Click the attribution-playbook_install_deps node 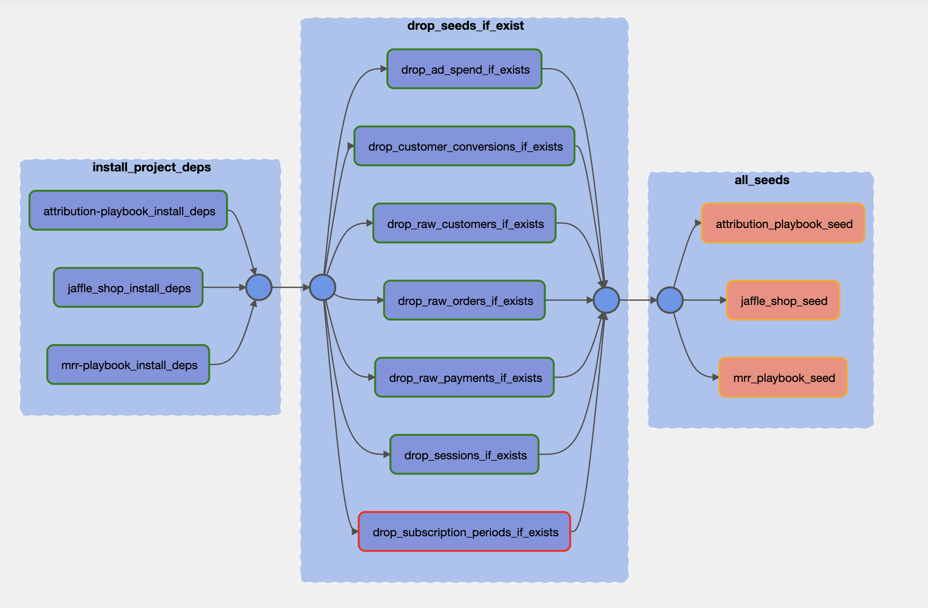pyautogui.click(x=128, y=211)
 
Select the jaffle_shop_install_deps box pyautogui.click(x=128, y=287)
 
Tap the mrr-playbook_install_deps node pyautogui.click(x=128, y=364)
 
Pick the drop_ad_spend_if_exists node pyautogui.click(x=464, y=69)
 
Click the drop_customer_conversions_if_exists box pyautogui.click(x=464, y=146)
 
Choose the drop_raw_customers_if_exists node pyautogui.click(x=464, y=223)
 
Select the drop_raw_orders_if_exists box pyautogui.click(x=464, y=300)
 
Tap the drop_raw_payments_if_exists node pyautogui.click(x=464, y=377)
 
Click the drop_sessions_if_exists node pyautogui.click(x=464, y=455)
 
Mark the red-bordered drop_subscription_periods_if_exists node pyautogui.click(x=464, y=532)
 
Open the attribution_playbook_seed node pyautogui.click(x=783, y=223)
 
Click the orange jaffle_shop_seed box pyautogui.click(x=783, y=300)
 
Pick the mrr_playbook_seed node pyautogui.click(x=783, y=377)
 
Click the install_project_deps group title pyautogui.click(x=152, y=167)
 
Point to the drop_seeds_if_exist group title pyautogui.click(x=465, y=25)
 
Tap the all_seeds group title pyautogui.click(x=762, y=180)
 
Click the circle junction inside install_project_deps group pyautogui.click(x=259, y=287)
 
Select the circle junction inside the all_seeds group pyautogui.click(x=670, y=300)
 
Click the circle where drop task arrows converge pyautogui.click(x=606, y=300)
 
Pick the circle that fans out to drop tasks pyautogui.click(x=322, y=287)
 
